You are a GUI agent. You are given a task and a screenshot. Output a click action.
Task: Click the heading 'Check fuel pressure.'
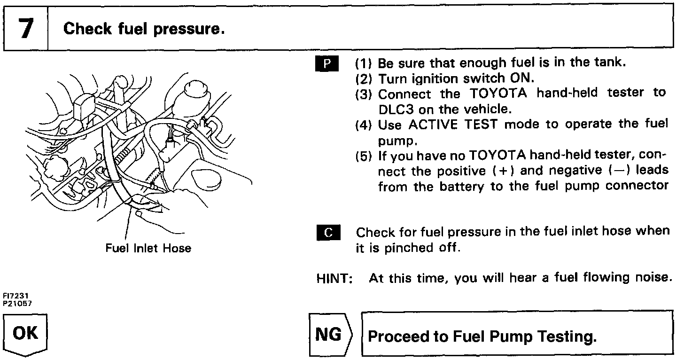[x=144, y=29]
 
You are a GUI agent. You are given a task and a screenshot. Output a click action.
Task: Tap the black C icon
[x=326, y=232]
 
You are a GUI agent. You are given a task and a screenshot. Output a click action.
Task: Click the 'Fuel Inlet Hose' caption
[x=148, y=248]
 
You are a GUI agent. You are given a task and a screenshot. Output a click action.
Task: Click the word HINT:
[x=334, y=278]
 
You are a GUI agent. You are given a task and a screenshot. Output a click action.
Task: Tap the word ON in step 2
[x=520, y=78]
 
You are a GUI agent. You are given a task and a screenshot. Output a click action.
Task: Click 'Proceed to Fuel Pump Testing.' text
[x=482, y=337]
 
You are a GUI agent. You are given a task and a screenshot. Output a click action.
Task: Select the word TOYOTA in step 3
[x=499, y=94]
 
